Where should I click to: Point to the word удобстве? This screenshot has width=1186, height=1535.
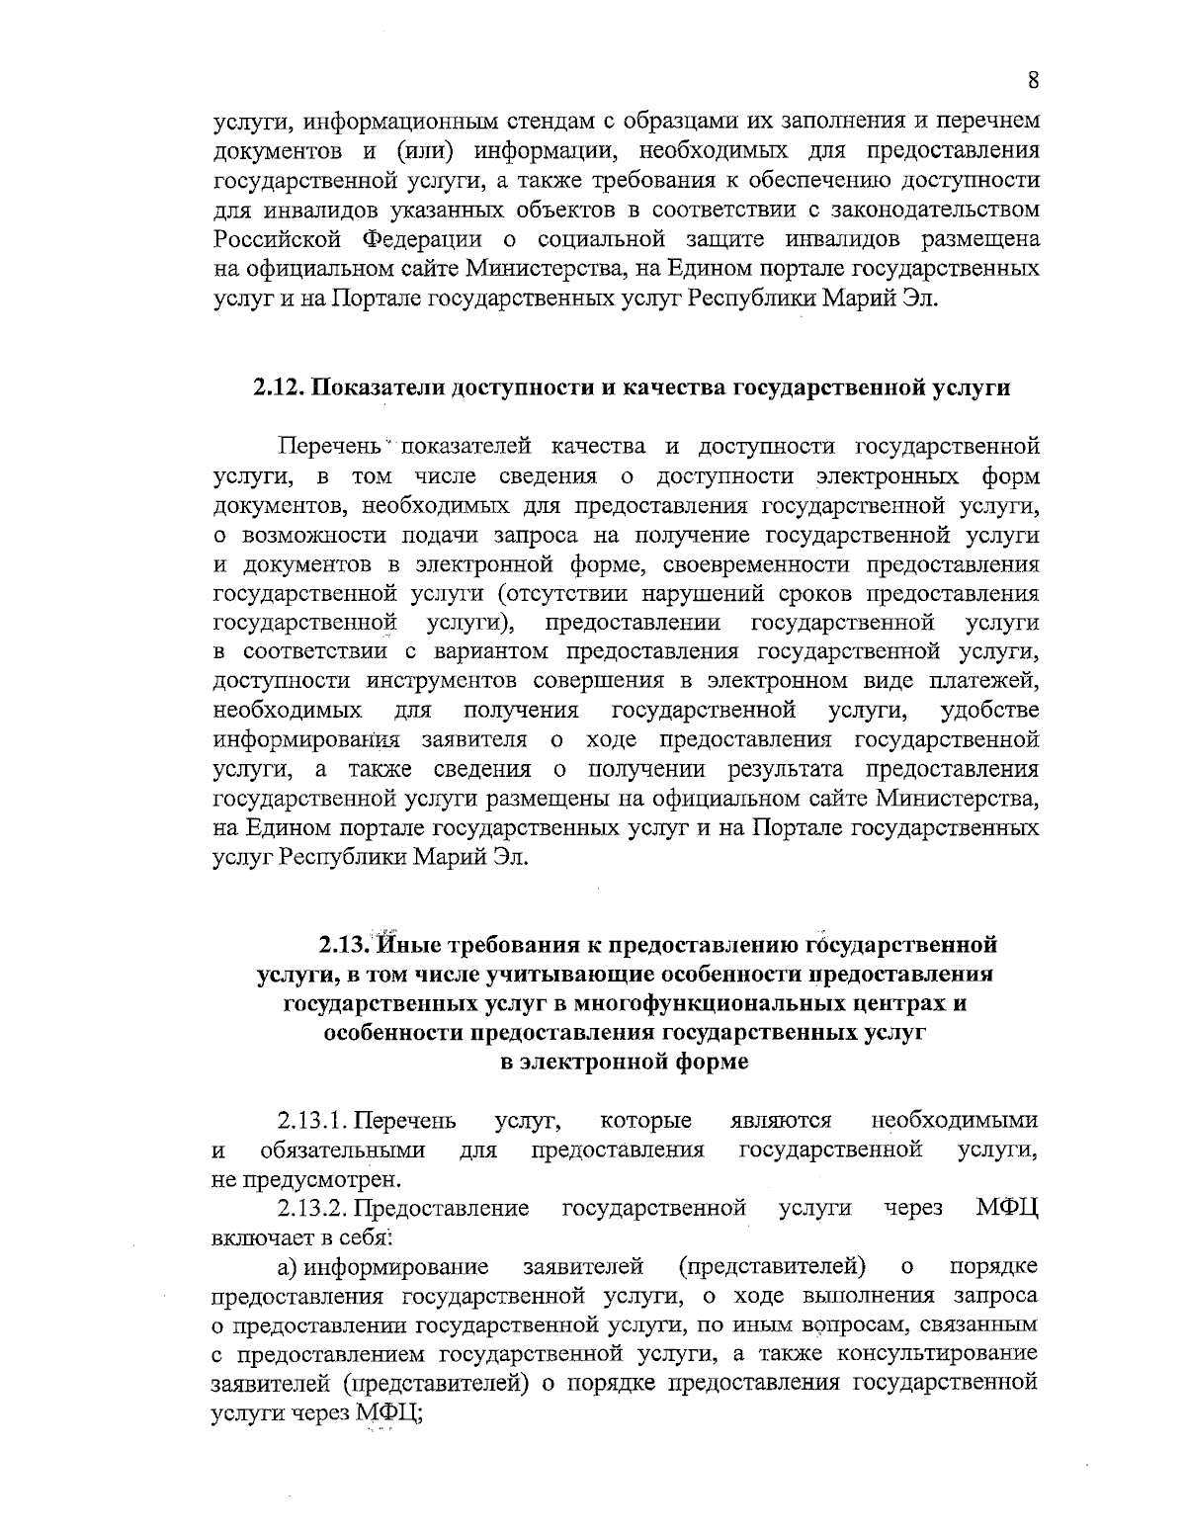coord(990,710)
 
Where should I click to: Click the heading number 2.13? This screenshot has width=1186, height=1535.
coord(342,945)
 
